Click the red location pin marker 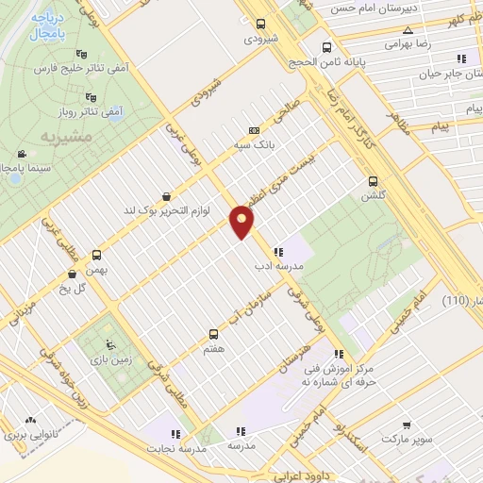coord(242,223)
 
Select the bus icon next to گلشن coord(373,180)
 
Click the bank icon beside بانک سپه coord(254,130)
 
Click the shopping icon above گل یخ coord(73,274)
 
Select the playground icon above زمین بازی coord(111,343)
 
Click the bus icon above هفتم coord(213,333)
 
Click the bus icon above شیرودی coord(261,25)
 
